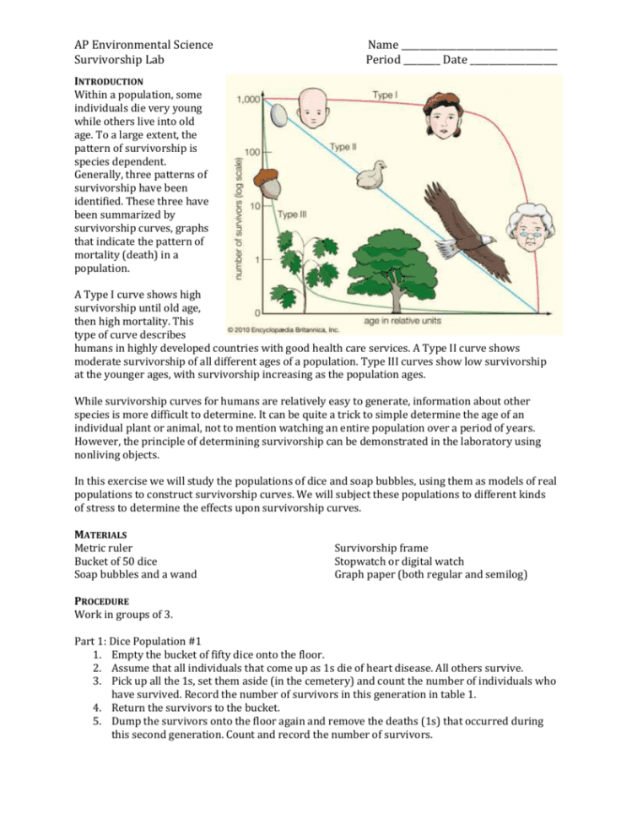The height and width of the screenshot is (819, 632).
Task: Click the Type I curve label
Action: (x=385, y=95)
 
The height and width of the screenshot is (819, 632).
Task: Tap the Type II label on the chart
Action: (x=343, y=147)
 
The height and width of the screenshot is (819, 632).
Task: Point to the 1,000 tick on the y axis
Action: (x=248, y=100)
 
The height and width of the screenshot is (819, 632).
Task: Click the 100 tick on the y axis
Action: (x=251, y=153)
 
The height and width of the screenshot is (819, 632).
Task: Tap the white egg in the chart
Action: (x=279, y=113)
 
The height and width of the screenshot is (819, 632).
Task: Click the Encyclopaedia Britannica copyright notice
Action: (x=283, y=329)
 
